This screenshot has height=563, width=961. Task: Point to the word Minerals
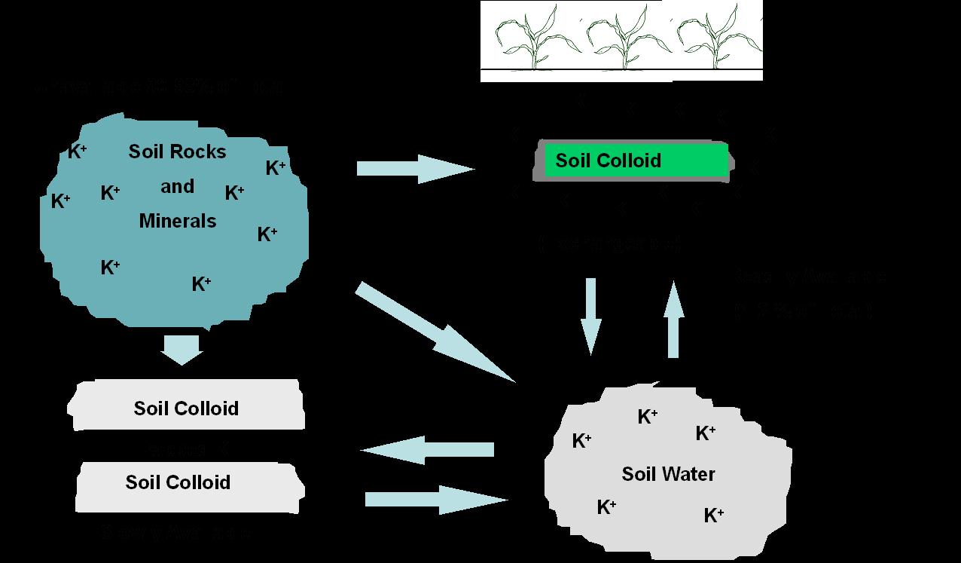click(178, 221)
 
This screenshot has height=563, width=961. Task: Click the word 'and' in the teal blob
click(177, 186)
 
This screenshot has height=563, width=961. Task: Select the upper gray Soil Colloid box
click(188, 407)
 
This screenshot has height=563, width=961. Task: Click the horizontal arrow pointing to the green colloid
click(414, 169)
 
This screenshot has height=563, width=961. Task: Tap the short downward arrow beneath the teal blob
click(182, 349)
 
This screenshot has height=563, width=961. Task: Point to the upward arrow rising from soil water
click(674, 318)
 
